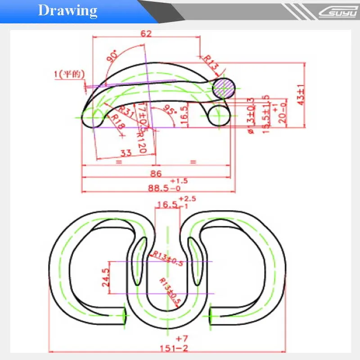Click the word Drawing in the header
pyautogui.click(x=67, y=10)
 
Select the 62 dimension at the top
pyautogui.click(x=146, y=34)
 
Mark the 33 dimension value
pyautogui.click(x=126, y=153)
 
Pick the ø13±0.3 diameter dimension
pyautogui.click(x=252, y=115)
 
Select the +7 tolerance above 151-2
pyautogui.click(x=181, y=338)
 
